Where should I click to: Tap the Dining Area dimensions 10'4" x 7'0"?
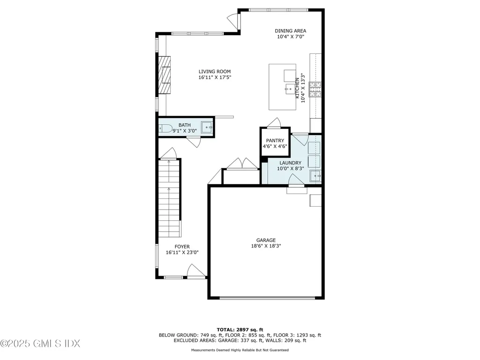coord(290,37)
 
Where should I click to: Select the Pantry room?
coord(275,142)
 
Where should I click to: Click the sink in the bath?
coord(207,127)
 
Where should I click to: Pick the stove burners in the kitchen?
coord(315,90)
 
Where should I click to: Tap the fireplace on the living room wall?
coord(164,75)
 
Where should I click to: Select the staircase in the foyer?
coord(169,197)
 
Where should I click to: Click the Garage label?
coord(266,240)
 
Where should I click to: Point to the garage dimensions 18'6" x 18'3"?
coord(266,246)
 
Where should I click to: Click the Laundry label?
coord(290,163)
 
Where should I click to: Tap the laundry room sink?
coord(315,176)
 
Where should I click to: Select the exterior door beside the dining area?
coord(233,20)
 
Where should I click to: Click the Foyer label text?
coord(182,247)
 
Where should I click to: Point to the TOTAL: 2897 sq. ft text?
coord(240,330)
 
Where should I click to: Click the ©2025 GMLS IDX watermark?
coord(40,344)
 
